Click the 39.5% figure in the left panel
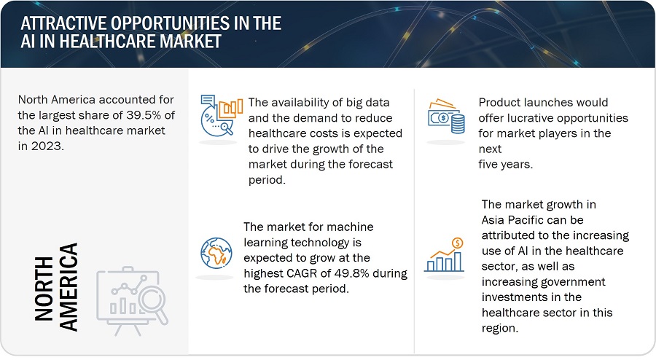click(x=144, y=115)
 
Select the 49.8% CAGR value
click(x=351, y=273)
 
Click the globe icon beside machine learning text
click(x=216, y=254)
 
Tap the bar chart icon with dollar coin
click(x=445, y=255)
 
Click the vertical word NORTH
click(x=44, y=289)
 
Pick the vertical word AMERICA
click(x=69, y=287)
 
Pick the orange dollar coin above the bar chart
click(x=457, y=243)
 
